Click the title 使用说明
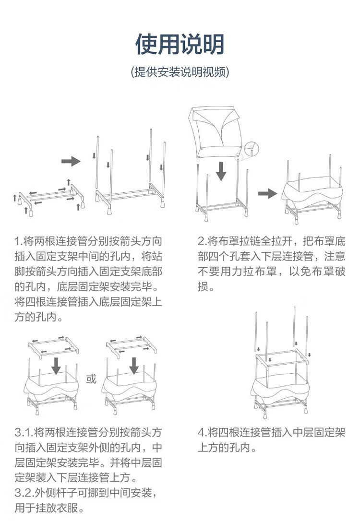(180, 45)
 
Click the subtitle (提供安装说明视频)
(180, 72)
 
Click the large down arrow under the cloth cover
(221, 171)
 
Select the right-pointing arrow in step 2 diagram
(267, 193)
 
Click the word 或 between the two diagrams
(92, 379)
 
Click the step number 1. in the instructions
(19, 240)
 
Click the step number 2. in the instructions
(202, 240)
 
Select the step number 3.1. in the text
(24, 432)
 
